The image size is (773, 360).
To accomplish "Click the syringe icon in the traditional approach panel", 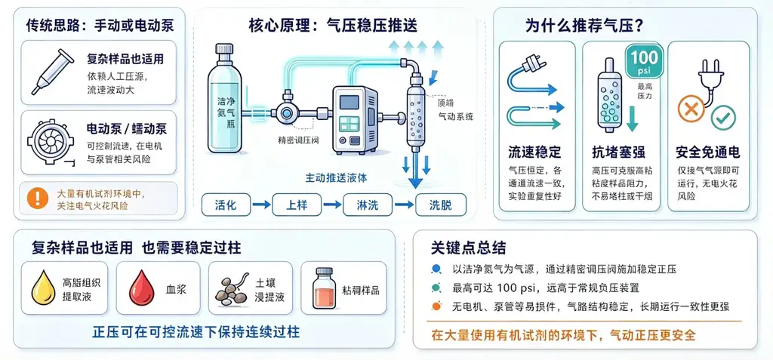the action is (x=53, y=71).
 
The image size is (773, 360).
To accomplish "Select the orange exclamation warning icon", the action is (x=38, y=198).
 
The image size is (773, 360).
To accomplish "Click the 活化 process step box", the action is (x=226, y=205).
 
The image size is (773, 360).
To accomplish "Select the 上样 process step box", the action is (x=297, y=205).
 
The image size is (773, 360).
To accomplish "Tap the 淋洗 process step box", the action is (x=368, y=205).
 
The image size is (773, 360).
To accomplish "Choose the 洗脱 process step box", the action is (x=441, y=205).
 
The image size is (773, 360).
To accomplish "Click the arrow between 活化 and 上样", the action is (x=262, y=205).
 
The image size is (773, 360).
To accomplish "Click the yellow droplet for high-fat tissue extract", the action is (x=44, y=289).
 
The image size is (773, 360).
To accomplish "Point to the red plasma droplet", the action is (x=141, y=289).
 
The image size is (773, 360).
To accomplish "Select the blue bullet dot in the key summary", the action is (x=436, y=269).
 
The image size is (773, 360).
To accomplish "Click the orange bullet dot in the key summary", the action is (x=436, y=306).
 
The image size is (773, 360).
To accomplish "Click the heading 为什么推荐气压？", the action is (x=585, y=26).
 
